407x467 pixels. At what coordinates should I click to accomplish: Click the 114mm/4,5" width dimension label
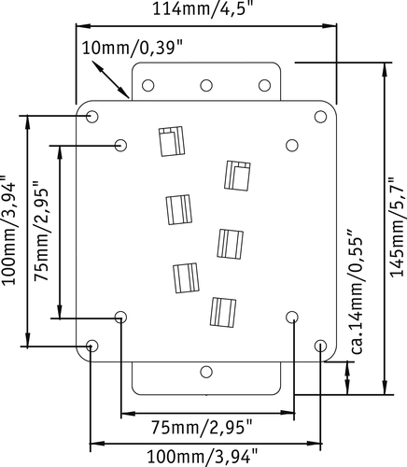point(202,8)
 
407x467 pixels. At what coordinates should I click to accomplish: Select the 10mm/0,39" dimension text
point(133,49)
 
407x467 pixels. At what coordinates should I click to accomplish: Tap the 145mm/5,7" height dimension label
point(397,227)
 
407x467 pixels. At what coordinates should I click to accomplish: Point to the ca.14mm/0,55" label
point(357,292)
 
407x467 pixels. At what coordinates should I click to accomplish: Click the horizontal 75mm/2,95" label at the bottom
point(202,427)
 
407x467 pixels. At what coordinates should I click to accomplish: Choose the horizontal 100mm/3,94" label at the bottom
point(203,457)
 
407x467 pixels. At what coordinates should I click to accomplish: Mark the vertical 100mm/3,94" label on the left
point(8,230)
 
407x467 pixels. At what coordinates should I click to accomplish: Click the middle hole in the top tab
point(206,85)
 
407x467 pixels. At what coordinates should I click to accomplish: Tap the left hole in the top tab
point(148,85)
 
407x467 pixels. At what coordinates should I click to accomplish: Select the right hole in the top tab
point(264,85)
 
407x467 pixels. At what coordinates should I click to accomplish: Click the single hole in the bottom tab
point(206,372)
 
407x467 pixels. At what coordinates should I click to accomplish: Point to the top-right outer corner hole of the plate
point(320,117)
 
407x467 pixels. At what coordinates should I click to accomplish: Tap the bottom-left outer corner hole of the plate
point(92,346)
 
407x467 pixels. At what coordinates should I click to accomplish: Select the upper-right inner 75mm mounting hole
point(292,145)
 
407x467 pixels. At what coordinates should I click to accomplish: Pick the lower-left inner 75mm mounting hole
point(120,318)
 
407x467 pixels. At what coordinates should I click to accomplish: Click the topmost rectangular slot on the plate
point(172,141)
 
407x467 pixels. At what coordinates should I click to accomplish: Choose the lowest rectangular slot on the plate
point(223,312)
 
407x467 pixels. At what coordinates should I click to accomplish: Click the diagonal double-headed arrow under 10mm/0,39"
point(110,79)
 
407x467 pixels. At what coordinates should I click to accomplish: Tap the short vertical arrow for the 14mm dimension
point(347,378)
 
